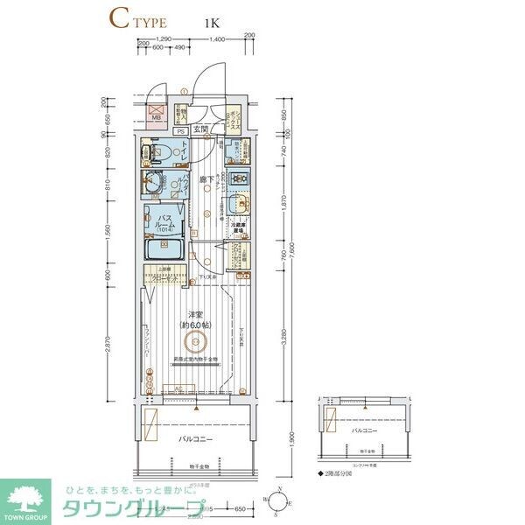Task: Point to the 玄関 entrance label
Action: point(201,129)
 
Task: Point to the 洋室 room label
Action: point(194,313)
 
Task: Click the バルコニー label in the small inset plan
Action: point(366,431)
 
